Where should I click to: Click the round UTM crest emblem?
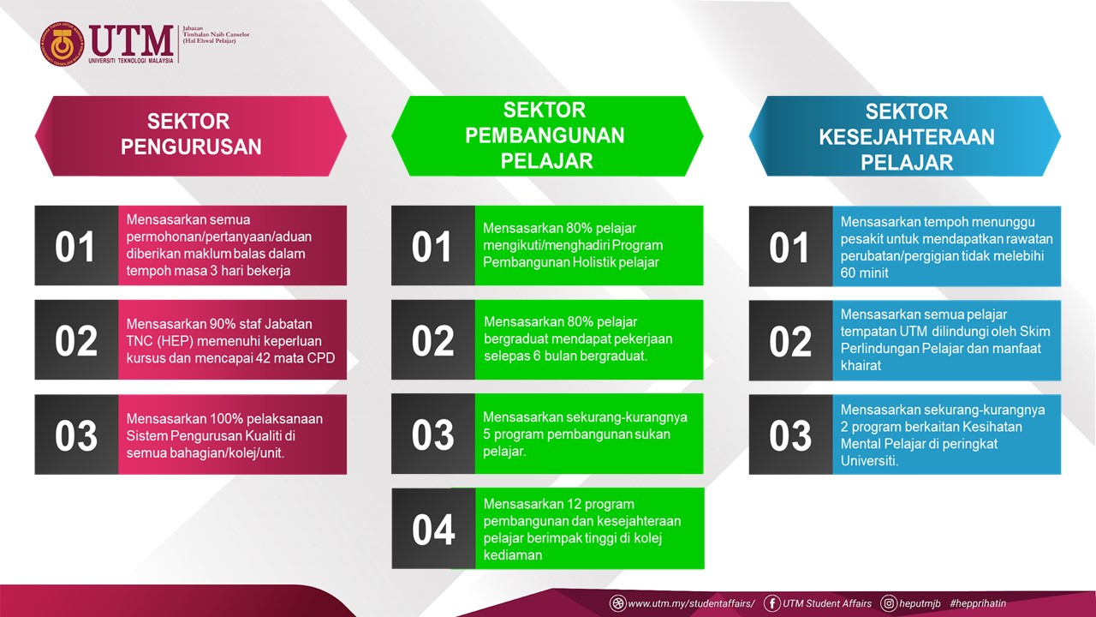63,44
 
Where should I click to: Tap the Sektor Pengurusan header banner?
191,136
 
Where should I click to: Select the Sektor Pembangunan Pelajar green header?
547,136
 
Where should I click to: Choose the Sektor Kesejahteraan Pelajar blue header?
905,136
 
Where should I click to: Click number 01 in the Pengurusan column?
74,247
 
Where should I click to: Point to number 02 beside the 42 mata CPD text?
76,341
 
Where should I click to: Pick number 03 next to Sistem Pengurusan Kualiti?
76,435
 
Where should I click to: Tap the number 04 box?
433,529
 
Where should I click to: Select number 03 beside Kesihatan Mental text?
790,435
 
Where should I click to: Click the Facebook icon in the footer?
772,603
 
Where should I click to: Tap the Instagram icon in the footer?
889,603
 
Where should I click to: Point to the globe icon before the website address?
617,603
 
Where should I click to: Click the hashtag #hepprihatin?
978,603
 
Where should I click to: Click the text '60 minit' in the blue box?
864,273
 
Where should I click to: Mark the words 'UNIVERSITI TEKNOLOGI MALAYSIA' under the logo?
131,61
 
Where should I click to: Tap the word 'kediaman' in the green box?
513,555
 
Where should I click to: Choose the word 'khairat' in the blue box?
861,366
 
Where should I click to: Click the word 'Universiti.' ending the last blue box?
869,461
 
